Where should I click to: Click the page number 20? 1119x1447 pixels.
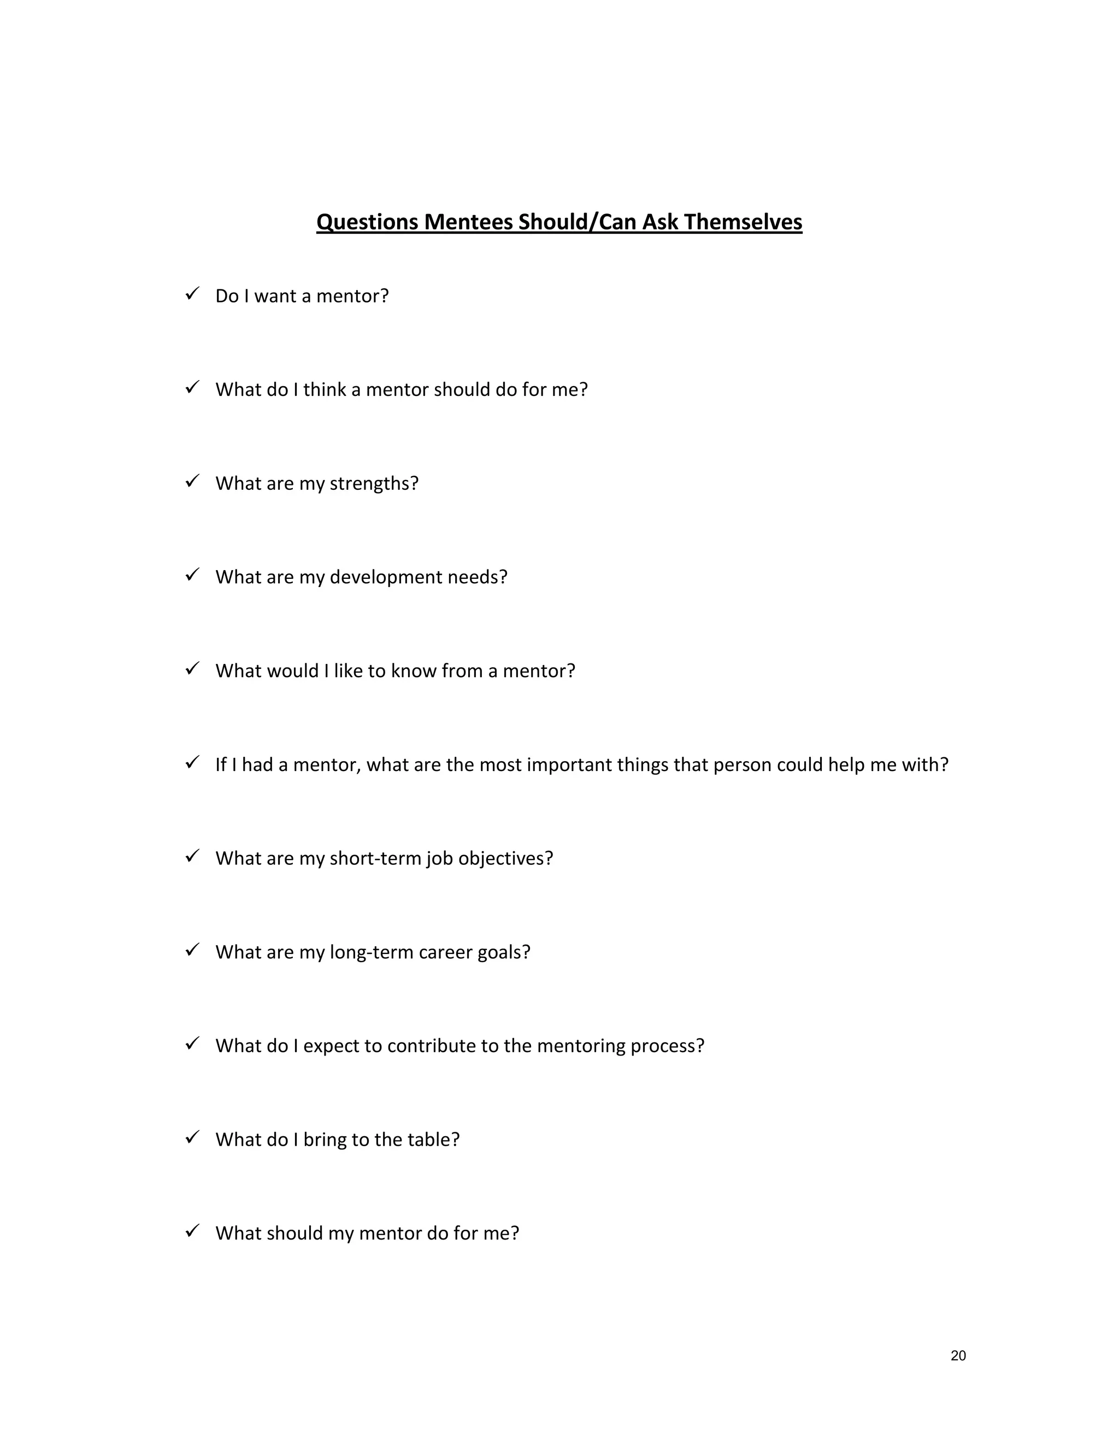click(958, 1356)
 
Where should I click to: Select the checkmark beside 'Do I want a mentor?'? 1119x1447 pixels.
click(192, 294)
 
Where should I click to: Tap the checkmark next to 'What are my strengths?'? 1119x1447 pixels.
click(192, 481)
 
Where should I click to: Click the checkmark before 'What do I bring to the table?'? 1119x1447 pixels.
click(192, 1137)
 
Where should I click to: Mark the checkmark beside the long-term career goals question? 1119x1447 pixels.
click(192, 950)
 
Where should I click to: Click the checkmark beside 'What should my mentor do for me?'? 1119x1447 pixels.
click(192, 1231)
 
